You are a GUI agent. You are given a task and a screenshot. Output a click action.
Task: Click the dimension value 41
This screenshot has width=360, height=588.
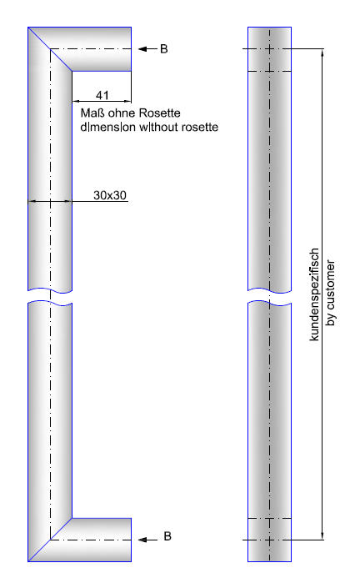pyautogui.click(x=102, y=95)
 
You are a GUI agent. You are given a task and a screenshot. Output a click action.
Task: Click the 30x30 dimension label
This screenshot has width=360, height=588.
pyautogui.click(x=110, y=195)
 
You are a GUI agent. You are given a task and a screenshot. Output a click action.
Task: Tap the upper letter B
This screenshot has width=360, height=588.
pyautogui.click(x=163, y=48)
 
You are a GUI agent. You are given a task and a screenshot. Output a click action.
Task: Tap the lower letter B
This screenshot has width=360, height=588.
pyautogui.click(x=167, y=536)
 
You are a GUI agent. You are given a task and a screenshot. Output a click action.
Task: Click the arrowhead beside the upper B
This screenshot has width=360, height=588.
pyautogui.click(x=142, y=48)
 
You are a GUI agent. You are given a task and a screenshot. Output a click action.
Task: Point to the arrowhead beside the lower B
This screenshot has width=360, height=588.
pyautogui.click(x=142, y=540)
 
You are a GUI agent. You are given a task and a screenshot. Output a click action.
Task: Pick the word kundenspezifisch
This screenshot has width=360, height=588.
pyautogui.click(x=314, y=294)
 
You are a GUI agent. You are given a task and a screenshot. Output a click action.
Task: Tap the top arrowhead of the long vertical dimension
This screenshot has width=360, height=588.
pyautogui.click(x=322, y=53)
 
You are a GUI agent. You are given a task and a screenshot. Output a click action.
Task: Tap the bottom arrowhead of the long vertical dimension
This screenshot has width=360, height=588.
pyautogui.click(x=322, y=535)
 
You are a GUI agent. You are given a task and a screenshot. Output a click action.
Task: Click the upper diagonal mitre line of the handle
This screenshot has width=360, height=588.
pyautogui.click(x=50, y=49)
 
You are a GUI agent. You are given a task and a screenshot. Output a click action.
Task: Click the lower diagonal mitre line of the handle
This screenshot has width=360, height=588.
pyautogui.click(x=50, y=540)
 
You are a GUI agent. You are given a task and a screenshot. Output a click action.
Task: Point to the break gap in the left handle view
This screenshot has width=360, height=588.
pyautogui.click(x=50, y=296)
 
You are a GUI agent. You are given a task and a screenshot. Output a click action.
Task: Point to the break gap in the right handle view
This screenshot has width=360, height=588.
pyautogui.click(x=269, y=296)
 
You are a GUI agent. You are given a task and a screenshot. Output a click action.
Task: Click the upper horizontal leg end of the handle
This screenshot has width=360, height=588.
pyautogui.click(x=131, y=49)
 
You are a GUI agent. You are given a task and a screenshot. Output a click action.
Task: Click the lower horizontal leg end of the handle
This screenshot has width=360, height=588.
pyautogui.click(x=131, y=540)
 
